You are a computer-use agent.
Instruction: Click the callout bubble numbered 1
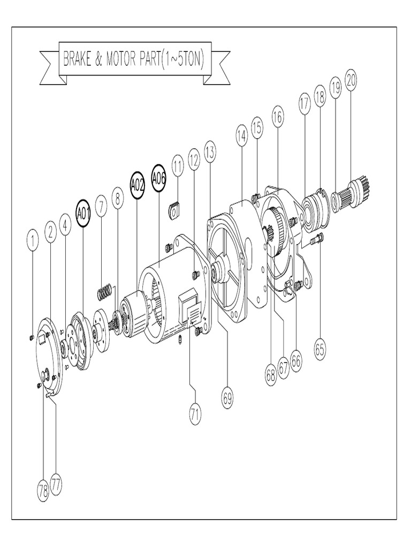click(33, 241)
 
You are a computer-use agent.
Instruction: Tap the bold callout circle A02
click(137, 184)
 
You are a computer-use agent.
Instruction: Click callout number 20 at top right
click(351, 80)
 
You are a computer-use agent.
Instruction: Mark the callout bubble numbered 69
click(229, 395)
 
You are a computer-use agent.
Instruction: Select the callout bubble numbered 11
click(178, 165)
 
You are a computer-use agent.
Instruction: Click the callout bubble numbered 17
click(305, 105)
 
